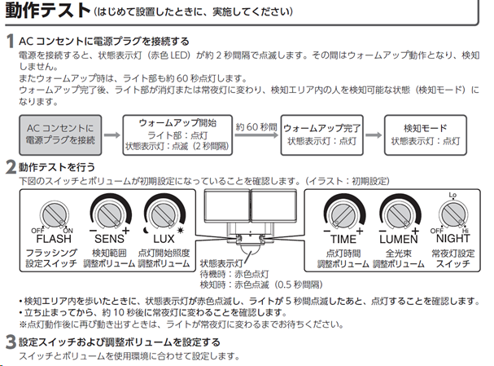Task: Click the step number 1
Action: click(x=9, y=41)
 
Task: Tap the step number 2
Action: click(x=9, y=168)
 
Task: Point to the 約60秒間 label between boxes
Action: click(x=253, y=127)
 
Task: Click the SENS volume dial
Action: click(x=111, y=214)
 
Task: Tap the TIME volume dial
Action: click(x=343, y=215)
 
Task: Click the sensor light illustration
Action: click(x=251, y=214)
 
